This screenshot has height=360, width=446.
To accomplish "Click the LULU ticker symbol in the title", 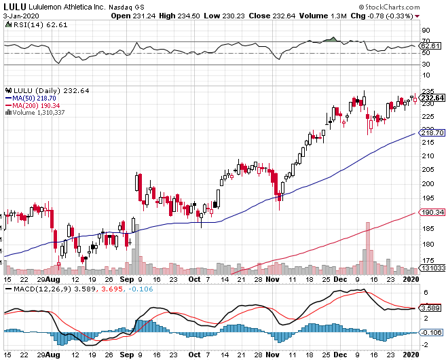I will click(14, 5).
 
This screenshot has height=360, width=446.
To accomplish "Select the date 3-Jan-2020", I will click(20, 15).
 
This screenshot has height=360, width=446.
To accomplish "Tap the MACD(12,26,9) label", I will click(33, 289).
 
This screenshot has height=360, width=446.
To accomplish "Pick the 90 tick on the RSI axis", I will click(426, 31).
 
